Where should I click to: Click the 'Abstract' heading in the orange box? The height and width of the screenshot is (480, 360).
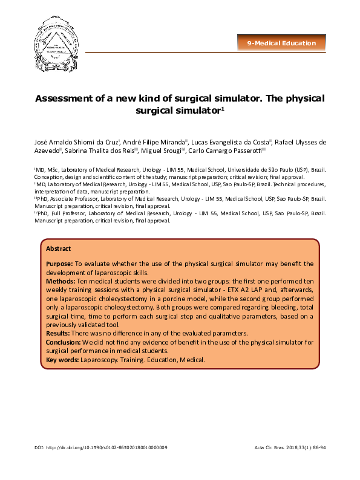point(59,248)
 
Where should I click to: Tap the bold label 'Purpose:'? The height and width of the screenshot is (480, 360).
point(59,264)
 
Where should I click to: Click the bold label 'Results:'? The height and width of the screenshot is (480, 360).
point(59,334)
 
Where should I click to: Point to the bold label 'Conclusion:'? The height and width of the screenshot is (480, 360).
point(64,343)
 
